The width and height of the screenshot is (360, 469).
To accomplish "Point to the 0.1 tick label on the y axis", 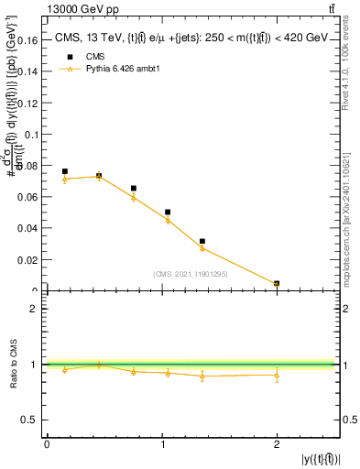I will coord(33,135).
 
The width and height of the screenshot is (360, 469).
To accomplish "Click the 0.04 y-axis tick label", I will coord(29,229).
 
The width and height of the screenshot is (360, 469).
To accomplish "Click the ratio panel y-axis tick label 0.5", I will coord(33,420).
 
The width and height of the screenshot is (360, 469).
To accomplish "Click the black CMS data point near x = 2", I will coord(277,284).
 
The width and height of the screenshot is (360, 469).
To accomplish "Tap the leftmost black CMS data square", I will coord(64,171).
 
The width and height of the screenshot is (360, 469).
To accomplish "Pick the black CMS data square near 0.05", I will coord(168,212).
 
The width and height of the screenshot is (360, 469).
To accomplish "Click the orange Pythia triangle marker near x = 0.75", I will coord(133,197).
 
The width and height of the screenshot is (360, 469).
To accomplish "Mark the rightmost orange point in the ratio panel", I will coord(277,375).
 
